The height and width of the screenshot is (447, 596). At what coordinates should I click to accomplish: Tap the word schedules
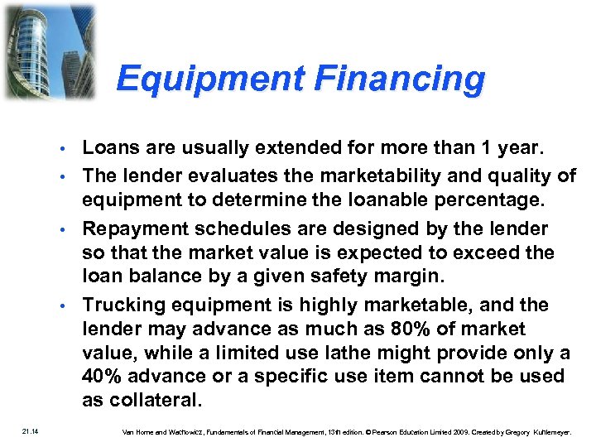pyautogui.click(x=233, y=228)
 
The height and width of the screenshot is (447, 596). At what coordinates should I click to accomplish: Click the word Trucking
pyautogui.click(x=118, y=305)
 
